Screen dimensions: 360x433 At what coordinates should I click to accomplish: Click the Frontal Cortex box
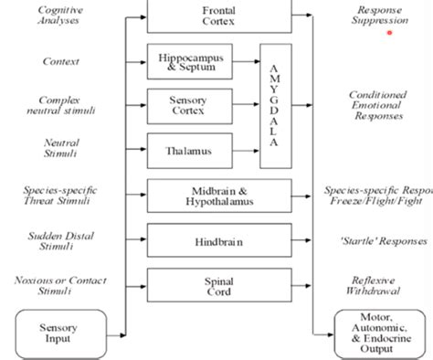click(219, 13)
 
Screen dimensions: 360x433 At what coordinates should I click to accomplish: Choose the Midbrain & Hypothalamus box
click(219, 195)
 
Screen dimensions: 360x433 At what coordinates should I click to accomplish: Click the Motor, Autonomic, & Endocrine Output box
click(375, 334)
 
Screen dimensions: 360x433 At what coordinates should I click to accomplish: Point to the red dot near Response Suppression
click(390, 33)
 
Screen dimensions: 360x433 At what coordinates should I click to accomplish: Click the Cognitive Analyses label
click(58, 14)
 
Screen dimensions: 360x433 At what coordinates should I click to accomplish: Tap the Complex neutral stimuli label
click(58, 105)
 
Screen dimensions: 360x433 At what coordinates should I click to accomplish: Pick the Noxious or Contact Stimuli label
click(58, 285)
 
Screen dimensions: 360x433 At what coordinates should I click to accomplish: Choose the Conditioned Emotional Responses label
click(376, 105)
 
